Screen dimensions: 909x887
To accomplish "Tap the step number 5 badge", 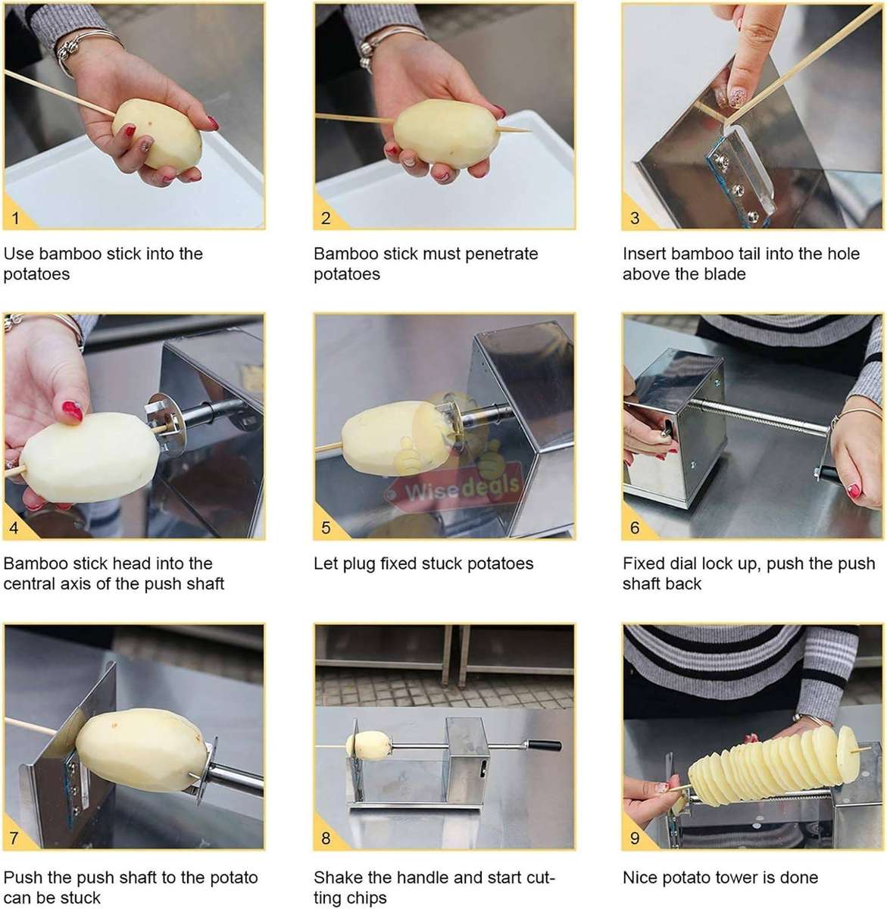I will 326,528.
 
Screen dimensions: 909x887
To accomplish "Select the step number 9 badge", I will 635,838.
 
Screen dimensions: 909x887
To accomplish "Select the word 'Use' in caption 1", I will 18,254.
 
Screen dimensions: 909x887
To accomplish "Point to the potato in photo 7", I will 141,750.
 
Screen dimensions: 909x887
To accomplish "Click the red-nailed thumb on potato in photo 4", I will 72,413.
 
